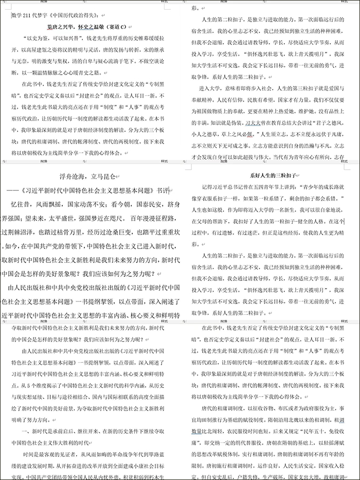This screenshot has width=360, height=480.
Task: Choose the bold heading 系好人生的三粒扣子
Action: tap(273, 176)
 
